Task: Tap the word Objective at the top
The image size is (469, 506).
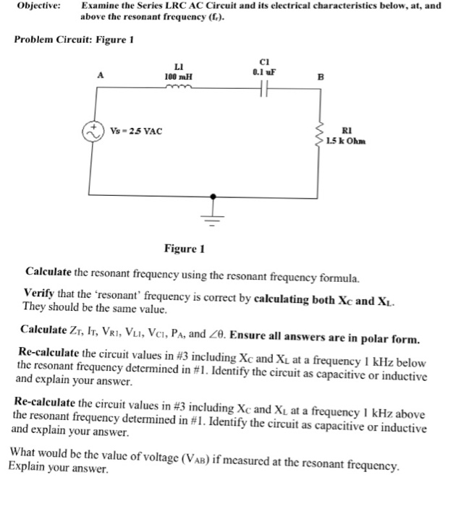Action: pyautogui.click(x=38, y=6)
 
